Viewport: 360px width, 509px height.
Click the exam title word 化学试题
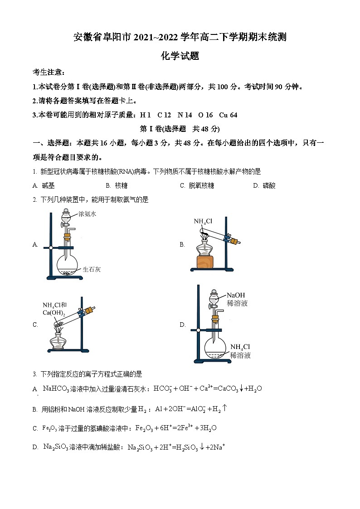(180, 56)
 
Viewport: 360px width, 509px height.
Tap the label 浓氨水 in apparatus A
(87, 213)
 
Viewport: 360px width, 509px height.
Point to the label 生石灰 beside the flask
(92, 269)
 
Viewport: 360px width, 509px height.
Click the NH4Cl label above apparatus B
(203, 221)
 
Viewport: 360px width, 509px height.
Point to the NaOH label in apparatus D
(236, 295)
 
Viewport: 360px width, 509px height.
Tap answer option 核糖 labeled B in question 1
(121, 185)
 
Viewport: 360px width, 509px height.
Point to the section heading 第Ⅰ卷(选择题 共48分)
(180, 129)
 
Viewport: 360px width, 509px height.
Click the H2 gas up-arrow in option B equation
(224, 408)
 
